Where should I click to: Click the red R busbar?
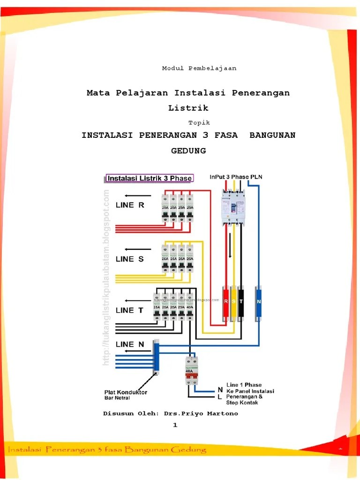(x=225, y=303)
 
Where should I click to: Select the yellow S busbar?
(x=233, y=303)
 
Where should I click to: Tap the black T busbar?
(x=241, y=303)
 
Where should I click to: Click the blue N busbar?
(x=258, y=303)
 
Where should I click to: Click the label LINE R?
(x=131, y=205)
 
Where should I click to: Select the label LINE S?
(x=131, y=259)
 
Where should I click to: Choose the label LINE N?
(x=130, y=344)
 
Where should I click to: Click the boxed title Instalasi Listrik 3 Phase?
(x=150, y=178)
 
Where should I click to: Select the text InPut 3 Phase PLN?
(x=236, y=177)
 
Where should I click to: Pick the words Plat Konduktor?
(x=126, y=392)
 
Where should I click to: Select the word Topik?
(x=199, y=123)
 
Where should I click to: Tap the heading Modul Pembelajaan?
(x=199, y=68)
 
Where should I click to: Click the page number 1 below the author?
(x=175, y=425)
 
